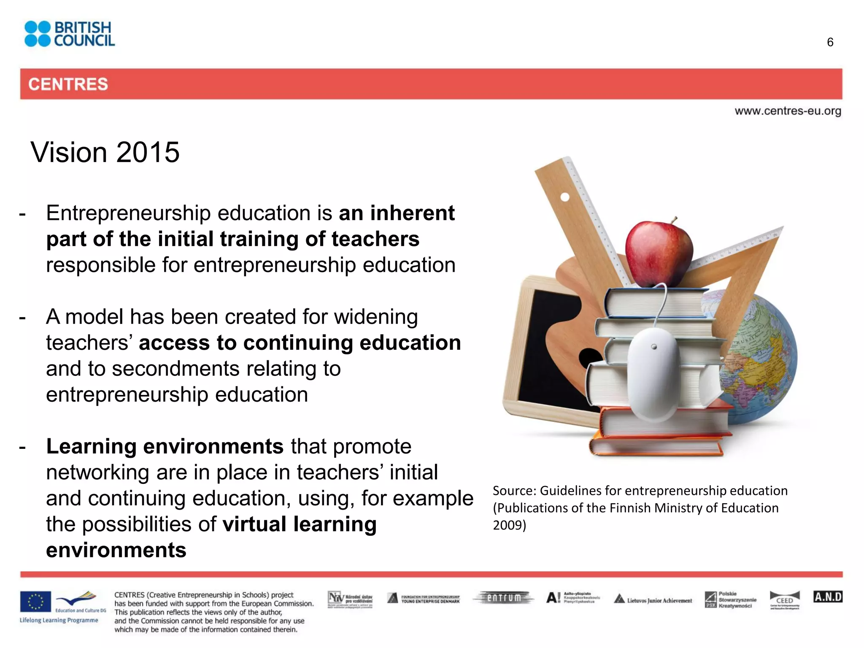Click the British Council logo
click(70, 34)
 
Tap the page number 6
click(830, 42)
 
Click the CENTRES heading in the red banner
click(68, 84)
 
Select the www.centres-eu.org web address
click(788, 111)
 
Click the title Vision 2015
click(105, 152)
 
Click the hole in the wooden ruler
click(565, 197)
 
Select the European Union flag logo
click(35, 601)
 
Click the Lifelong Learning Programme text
click(59, 620)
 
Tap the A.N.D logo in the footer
click(828, 597)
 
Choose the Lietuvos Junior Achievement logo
click(653, 599)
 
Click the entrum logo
click(504, 598)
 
